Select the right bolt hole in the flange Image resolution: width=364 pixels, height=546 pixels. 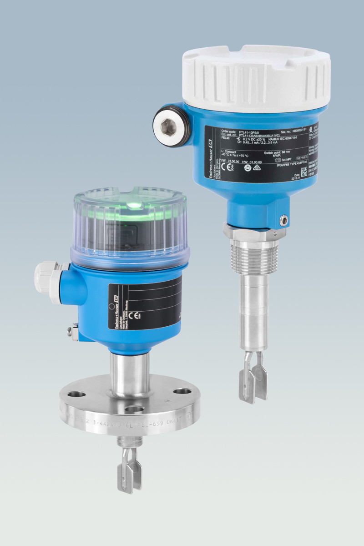(x=182, y=391)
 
